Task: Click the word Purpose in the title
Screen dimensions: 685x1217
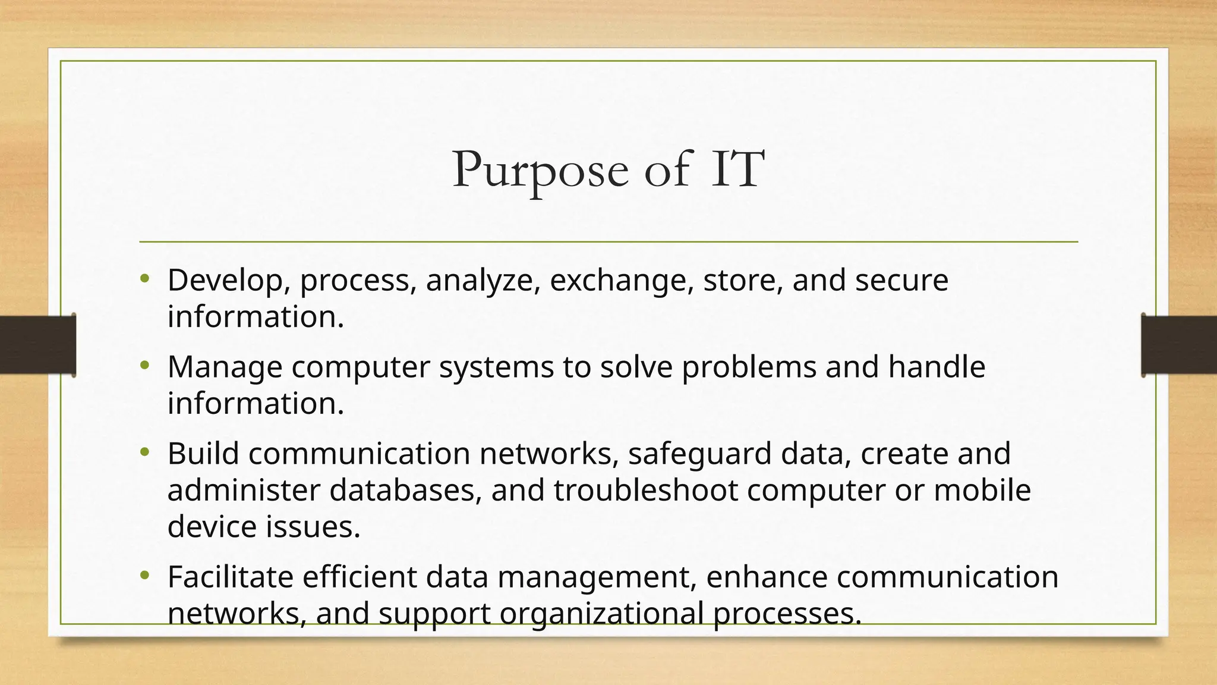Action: click(540, 170)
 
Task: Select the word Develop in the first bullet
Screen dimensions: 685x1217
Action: click(225, 280)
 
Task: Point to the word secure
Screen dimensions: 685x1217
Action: click(901, 280)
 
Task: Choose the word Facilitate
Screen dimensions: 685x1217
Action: click(231, 577)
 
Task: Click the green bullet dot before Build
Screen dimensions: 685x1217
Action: click(145, 453)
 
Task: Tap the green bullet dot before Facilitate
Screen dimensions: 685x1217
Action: click(145, 576)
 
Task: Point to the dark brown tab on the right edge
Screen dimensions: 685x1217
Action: click(1180, 345)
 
